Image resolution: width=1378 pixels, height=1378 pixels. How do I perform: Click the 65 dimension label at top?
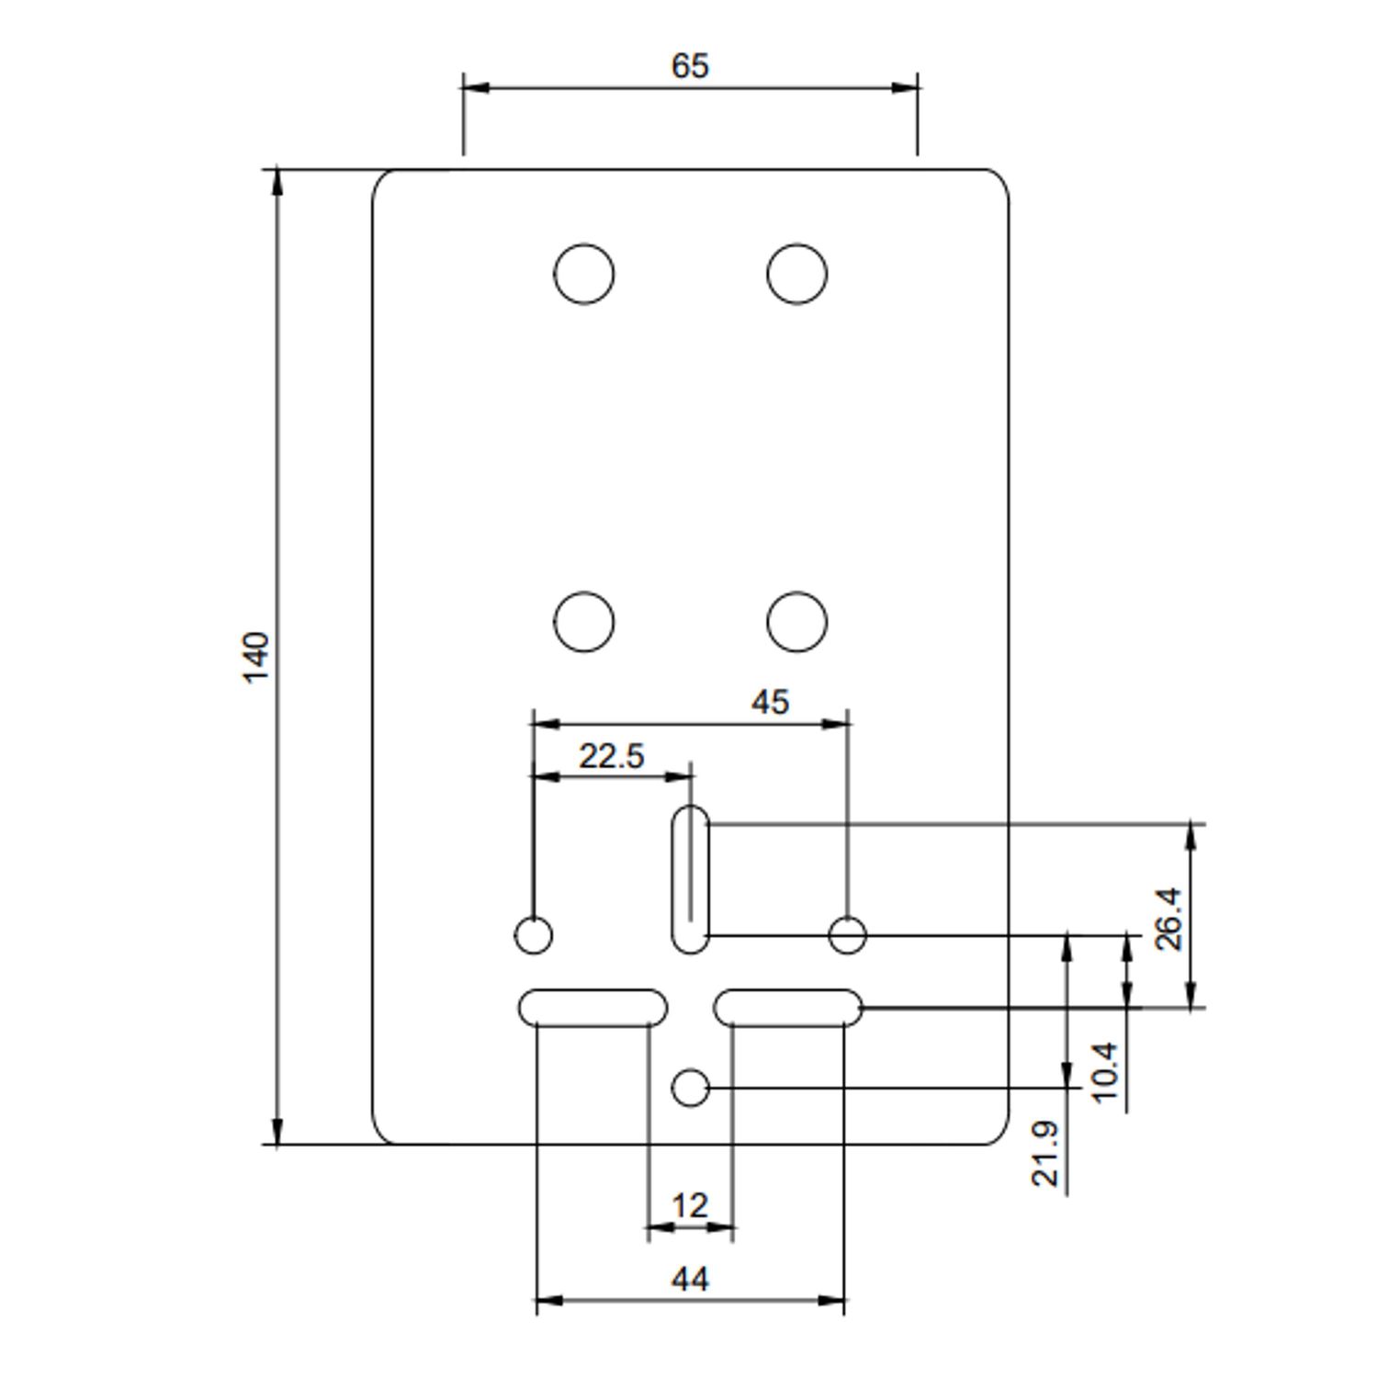690,66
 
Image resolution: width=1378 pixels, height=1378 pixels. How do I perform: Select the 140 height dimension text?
256,656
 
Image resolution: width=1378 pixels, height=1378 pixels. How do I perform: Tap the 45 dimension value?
770,703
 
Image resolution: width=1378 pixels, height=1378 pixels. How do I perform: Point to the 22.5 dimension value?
612,756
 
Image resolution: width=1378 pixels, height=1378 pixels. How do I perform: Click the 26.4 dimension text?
1169,918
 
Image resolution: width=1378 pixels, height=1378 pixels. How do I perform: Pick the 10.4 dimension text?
1105,1071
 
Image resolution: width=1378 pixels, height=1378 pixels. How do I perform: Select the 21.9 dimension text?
1045,1154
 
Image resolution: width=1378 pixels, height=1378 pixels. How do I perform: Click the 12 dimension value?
690,1204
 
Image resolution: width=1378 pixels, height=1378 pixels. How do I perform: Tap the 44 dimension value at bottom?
690,1279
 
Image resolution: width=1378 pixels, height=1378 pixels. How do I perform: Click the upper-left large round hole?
584,274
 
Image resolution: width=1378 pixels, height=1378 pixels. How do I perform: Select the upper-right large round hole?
796,274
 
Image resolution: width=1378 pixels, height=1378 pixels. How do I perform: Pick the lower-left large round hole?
584,622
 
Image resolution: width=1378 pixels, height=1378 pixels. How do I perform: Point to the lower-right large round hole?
796,622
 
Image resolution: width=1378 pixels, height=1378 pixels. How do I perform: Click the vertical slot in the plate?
691,879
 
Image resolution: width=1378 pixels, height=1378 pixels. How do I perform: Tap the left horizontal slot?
593,1008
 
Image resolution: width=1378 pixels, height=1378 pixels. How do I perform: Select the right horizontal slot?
788,1008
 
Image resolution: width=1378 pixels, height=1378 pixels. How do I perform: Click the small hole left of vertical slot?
534,936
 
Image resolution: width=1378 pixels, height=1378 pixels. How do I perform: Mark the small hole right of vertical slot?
847,936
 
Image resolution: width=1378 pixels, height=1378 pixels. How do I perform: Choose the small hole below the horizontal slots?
691,1089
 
